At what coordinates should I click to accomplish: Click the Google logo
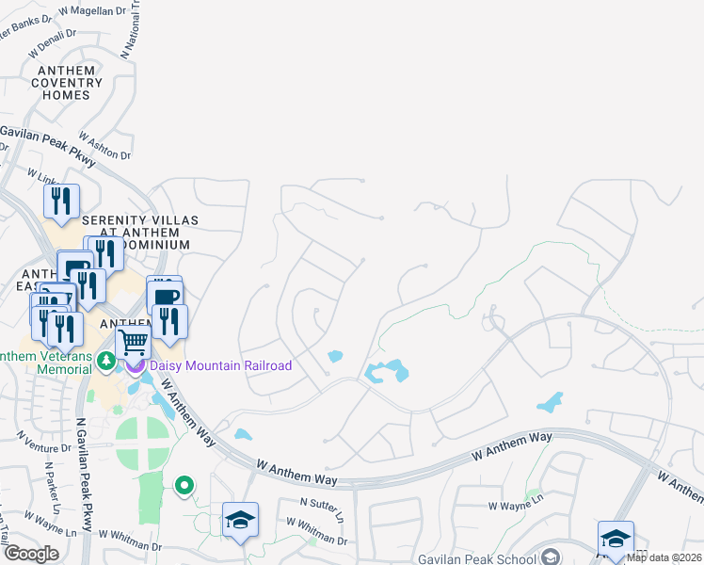coord(30,554)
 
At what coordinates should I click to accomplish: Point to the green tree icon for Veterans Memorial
coord(106,361)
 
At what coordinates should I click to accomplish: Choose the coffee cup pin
coord(165,295)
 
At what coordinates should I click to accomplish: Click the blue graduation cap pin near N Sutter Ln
coord(240,519)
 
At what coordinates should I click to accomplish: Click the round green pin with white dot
coord(185,486)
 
